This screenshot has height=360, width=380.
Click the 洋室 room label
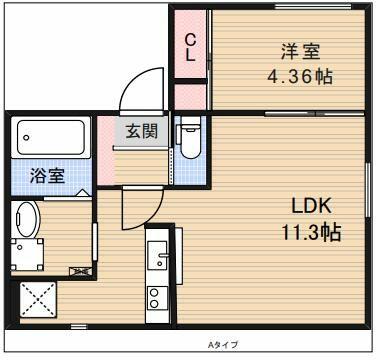pyautogui.click(x=300, y=52)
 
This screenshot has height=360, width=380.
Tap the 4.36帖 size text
pyautogui.click(x=300, y=77)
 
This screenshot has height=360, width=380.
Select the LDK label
pyautogui.click(x=312, y=206)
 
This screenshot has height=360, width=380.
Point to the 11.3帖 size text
pyautogui.click(x=311, y=232)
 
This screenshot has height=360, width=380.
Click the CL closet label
pyautogui.click(x=190, y=48)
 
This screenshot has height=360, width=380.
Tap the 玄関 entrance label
pyautogui.click(x=142, y=131)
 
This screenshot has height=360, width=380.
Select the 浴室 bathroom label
pyautogui.click(x=47, y=176)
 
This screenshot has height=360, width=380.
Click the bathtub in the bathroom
pyautogui.click(x=51, y=137)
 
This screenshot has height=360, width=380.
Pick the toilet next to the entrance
pyautogui.click(x=188, y=137)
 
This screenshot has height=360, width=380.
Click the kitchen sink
pyautogui.click(x=157, y=255)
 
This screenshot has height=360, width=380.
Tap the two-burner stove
pyautogui.click(x=157, y=298)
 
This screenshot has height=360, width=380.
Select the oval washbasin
pyautogui.click(x=25, y=220)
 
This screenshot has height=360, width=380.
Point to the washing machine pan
pyautogui.click(x=27, y=254)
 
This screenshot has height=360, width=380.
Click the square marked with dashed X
pyautogui.click(x=38, y=299)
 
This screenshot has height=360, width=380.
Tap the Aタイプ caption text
pyautogui.click(x=223, y=345)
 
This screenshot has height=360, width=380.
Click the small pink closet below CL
pyautogui.click(x=190, y=97)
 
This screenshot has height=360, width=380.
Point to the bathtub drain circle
pyautogui.click(x=26, y=137)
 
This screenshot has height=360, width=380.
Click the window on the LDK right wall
pyautogui.click(x=368, y=190)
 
